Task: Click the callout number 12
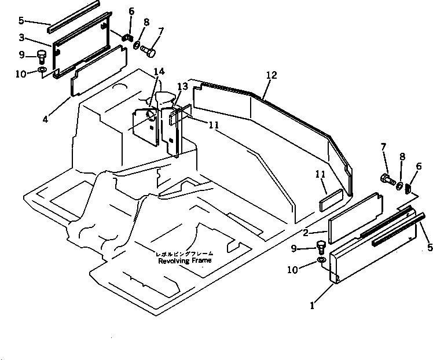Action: (271, 75)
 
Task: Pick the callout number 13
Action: (182, 86)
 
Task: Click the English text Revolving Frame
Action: (185, 260)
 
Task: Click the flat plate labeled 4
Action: (98, 70)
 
